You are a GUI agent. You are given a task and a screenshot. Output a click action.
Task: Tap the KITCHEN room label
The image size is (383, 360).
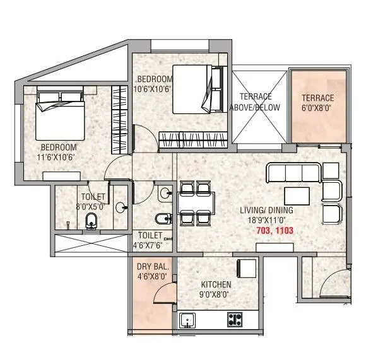pos(216,284)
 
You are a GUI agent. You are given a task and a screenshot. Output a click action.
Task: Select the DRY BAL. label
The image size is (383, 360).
pos(151,266)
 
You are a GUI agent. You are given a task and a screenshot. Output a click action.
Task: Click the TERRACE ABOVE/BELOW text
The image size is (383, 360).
pos(256,102)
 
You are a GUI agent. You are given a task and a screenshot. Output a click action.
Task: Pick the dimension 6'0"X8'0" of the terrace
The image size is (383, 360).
pos(317,107)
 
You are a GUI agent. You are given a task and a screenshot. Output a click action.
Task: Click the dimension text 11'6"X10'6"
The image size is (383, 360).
pos(60,158)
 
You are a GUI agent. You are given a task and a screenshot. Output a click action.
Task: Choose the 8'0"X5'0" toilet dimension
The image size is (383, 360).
pos(93,206)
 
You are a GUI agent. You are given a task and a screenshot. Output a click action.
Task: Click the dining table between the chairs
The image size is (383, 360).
pos(190,203)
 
